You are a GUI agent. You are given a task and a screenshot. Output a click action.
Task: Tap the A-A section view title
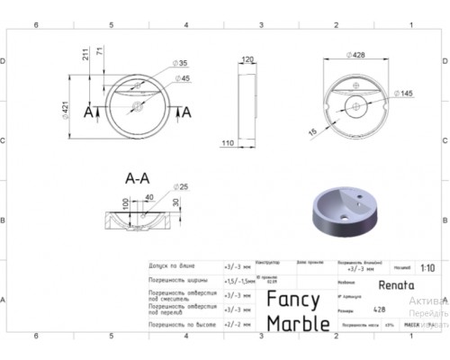click(x=137, y=178)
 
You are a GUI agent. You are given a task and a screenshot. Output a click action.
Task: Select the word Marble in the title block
click(x=295, y=324)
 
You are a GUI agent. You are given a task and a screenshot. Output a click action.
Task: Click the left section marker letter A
click(x=88, y=112)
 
